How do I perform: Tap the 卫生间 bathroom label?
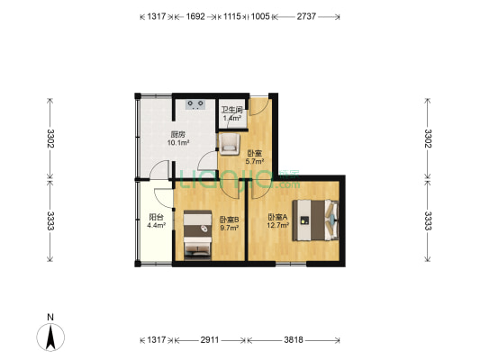tap(231, 110)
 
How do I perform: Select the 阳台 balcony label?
tap(156, 217)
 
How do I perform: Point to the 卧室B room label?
tap(229, 220)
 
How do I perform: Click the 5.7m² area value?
tap(254, 162)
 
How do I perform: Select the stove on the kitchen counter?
tap(194, 104)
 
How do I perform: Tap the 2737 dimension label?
tap(306, 16)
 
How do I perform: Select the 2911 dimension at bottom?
tap(210, 341)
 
